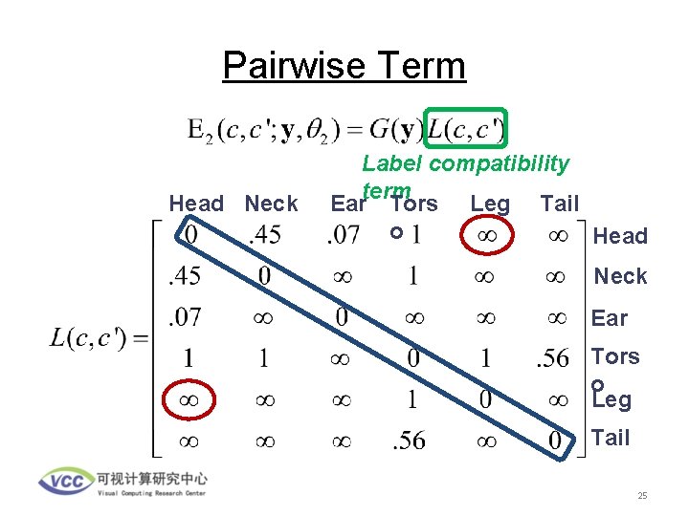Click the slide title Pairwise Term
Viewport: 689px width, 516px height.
coord(344,66)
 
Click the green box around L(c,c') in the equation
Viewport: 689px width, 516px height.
coord(465,127)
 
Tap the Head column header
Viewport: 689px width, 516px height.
coord(196,204)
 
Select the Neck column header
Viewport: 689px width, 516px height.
coord(271,204)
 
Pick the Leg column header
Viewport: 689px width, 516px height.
coord(490,204)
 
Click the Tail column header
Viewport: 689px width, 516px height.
coord(560,204)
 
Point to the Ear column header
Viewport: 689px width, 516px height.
coord(348,204)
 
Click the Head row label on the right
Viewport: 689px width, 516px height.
coord(621,236)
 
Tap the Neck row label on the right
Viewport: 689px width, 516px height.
coord(621,276)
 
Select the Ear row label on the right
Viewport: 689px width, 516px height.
coord(610,318)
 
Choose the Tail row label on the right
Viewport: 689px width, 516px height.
coord(611,438)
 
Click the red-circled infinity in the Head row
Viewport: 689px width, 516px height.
coord(486,235)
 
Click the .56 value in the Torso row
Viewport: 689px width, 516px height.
coord(551,359)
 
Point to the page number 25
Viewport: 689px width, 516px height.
coord(643,496)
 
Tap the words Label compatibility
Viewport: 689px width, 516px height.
coord(465,164)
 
